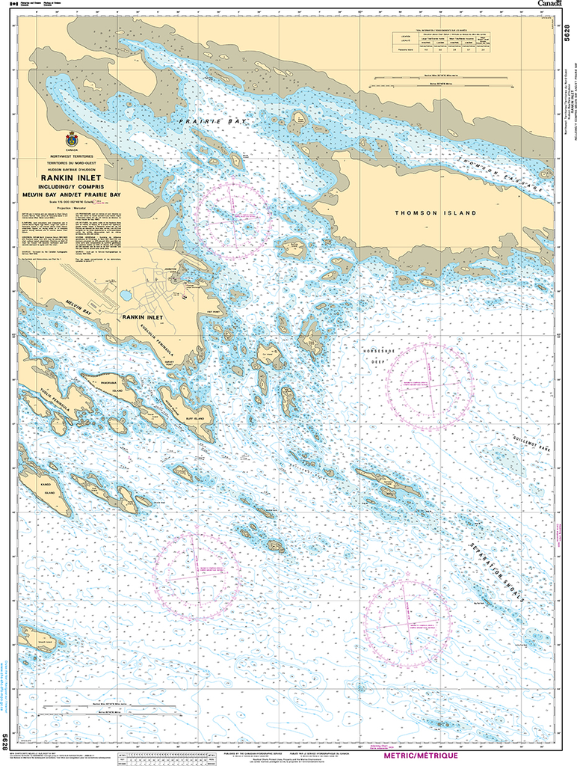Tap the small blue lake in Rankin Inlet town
click(126, 295)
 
